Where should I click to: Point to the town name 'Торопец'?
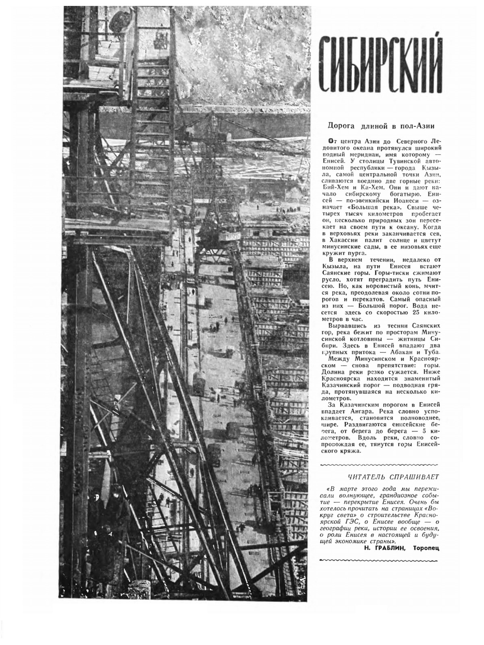coord(426,549)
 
